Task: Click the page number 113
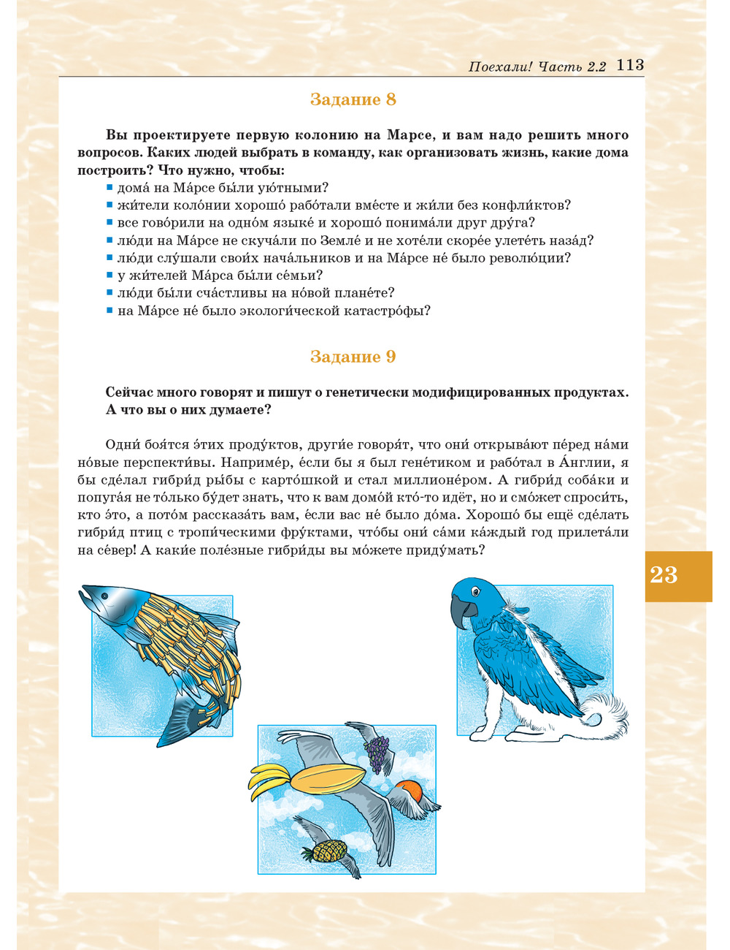pos(630,65)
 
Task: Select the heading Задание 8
pos(353,99)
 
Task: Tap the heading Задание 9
pos(353,357)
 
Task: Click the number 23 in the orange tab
pos(664,575)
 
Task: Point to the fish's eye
pos(105,596)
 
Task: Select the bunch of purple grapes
pos(377,753)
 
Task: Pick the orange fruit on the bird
pos(409,791)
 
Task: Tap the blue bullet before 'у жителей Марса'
pos(109,275)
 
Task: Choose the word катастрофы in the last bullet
pos(391,311)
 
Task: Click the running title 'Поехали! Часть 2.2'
pos(537,67)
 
